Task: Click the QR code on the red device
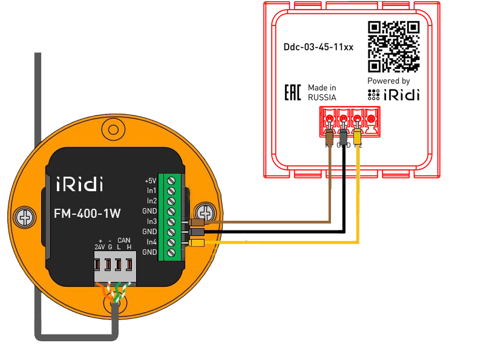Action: coord(394,47)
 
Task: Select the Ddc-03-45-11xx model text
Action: coord(318,47)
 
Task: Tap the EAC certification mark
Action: coord(293,93)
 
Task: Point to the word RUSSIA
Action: coord(322,97)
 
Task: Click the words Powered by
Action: coord(388,80)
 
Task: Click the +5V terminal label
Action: coord(151,180)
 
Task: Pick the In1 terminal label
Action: coord(151,191)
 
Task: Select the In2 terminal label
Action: coord(151,201)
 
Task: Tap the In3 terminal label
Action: coord(151,221)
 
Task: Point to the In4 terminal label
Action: coord(151,242)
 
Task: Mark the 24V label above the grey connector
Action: coord(100,247)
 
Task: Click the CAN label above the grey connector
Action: coord(124,240)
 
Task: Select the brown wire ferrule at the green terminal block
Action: coord(197,222)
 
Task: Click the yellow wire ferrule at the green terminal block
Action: coord(197,243)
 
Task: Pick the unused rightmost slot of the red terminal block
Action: coord(371,118)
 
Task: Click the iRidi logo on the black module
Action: coord(79,183)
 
